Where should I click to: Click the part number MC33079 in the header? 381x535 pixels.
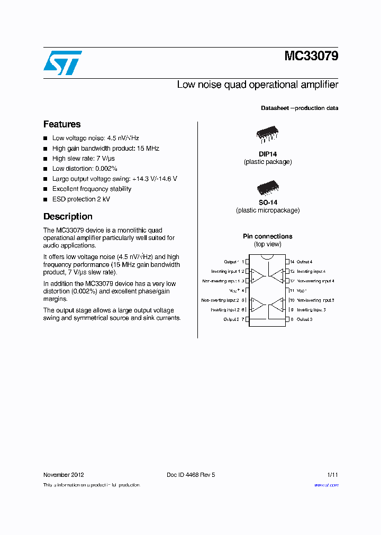pos(311,56)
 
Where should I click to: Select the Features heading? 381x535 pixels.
pos(62,124)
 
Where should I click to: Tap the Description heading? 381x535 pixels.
pos(68,216)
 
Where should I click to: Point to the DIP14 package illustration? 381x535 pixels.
pos(267,135)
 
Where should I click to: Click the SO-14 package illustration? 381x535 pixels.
pos(267,187)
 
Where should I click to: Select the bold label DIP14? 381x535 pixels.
pos(267,154)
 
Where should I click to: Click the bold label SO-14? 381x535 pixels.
pos(267,202)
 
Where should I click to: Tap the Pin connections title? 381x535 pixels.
pos(267,236)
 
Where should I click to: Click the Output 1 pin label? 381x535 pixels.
pos(231,262)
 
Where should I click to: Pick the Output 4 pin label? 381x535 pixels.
pos(304,262)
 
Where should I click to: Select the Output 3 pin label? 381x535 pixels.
pos(304,319)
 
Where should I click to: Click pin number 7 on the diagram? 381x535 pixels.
pos(242,319)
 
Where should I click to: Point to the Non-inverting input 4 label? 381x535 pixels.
pos(315,281)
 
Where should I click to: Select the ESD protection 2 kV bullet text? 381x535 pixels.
pos(81,199)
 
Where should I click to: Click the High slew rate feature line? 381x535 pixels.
pos(83,159)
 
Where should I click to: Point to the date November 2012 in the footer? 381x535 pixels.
pos(63,475)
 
